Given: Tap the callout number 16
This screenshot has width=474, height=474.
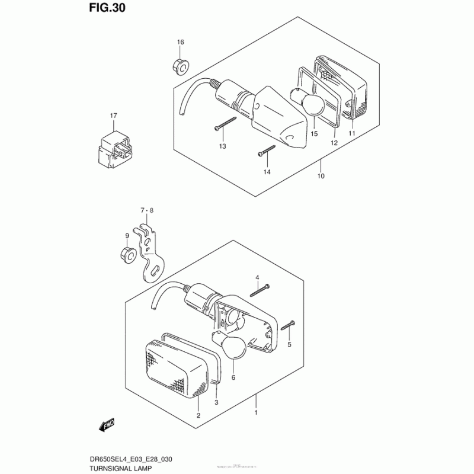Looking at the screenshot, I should click(181, 42).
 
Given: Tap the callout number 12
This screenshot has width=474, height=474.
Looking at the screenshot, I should click(334, 143).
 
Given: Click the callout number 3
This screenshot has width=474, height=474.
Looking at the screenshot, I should click(216, 402).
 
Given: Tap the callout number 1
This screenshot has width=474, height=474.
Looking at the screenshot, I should click(256, 412).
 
